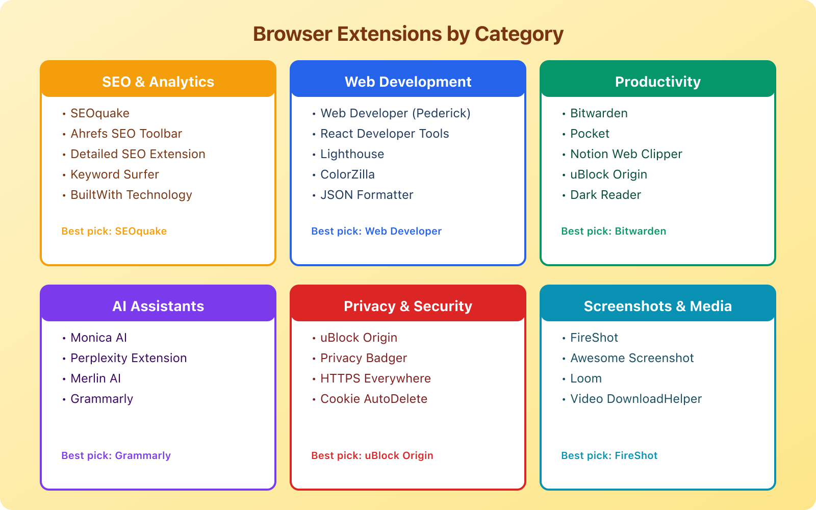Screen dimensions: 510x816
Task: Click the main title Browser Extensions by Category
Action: (x=408, y=34)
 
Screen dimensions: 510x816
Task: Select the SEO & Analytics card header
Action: (x=158, y=82)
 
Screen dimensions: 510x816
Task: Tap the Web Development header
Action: (x=408, y=82)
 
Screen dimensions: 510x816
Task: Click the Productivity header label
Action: (x=658, y=82)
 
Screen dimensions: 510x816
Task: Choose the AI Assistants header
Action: (x=158, y=306)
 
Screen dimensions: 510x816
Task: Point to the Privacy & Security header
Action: (x=408, y=306)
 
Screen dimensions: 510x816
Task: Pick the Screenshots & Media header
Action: (x=658, y=306)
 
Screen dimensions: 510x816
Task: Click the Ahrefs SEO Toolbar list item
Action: (x=126, y=134)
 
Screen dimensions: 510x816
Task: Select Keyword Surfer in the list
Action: (x=115, y=174)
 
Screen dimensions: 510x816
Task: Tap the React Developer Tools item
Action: (x=385, y=134)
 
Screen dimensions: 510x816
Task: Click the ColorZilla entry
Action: (x=347, y=174)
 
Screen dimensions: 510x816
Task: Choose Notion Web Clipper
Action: (x=626, y=154)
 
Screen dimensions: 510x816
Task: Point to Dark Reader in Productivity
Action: (x=605, y=195)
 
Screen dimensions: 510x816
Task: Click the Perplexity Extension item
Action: (x=129, y=358)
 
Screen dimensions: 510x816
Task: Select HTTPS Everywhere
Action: (x=375, y=378)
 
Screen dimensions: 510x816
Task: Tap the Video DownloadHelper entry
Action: (x=635, y=399)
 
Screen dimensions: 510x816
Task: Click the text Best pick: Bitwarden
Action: (x=614, y=231)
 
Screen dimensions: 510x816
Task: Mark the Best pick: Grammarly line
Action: (x=116, y=455)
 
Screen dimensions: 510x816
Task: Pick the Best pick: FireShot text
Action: (x=609, y=455)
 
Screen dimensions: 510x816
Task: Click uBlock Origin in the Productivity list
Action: (x=608, y=174)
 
